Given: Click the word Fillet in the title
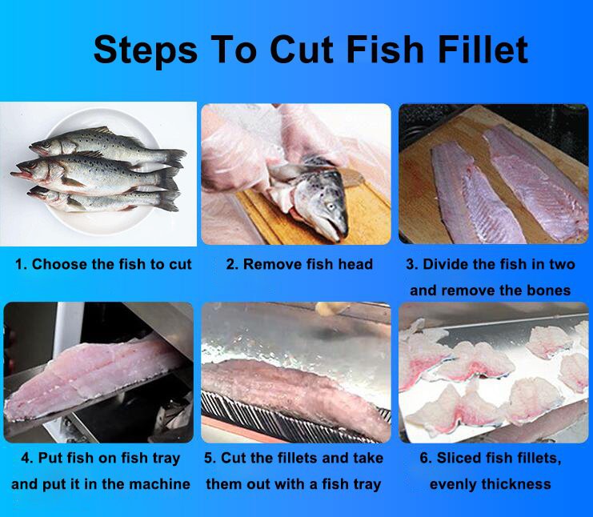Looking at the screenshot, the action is [483, 50].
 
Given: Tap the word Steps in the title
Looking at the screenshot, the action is [145, 51].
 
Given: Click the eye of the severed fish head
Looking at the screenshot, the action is [331, 206].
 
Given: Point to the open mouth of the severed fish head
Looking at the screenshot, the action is [332, 230].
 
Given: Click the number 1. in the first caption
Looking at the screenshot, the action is [21, 264].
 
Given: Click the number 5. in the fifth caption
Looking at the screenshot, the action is [210, 458].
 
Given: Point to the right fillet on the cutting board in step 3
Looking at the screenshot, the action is [537, 182].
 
